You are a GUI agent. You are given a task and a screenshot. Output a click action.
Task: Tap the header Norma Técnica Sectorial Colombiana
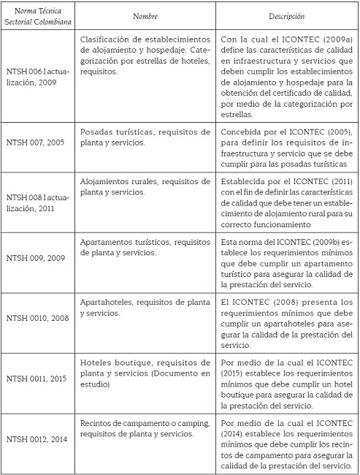[x=38, y=16]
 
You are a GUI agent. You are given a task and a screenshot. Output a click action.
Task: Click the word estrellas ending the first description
[x=240, y=115]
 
